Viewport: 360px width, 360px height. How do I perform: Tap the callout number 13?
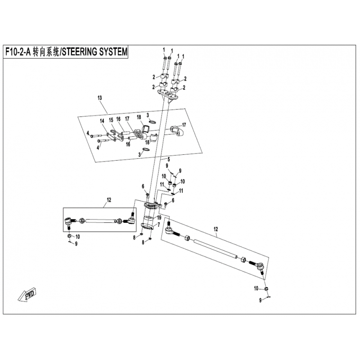(99, 98)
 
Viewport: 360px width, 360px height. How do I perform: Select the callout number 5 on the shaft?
(169, 159)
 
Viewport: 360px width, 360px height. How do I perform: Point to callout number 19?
(159, 217)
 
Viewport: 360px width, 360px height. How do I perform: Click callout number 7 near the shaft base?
(158, 224)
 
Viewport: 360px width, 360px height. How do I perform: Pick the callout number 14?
(102, 121)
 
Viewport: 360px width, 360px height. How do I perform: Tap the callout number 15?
(111, 120)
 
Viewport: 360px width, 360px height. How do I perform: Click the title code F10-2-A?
(18, 52)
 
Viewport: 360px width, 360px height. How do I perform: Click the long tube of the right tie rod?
(216, 249)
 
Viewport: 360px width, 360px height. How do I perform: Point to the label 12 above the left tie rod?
(109, 200)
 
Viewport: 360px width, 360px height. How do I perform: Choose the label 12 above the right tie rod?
(216, 229)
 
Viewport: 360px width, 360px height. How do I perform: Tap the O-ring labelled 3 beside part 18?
(153, 121)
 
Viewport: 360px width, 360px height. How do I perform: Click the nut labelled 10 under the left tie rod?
(69, 236)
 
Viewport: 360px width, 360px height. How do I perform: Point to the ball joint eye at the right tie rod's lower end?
(261, 266)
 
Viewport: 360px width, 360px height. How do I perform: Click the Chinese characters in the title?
(45, 52)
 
